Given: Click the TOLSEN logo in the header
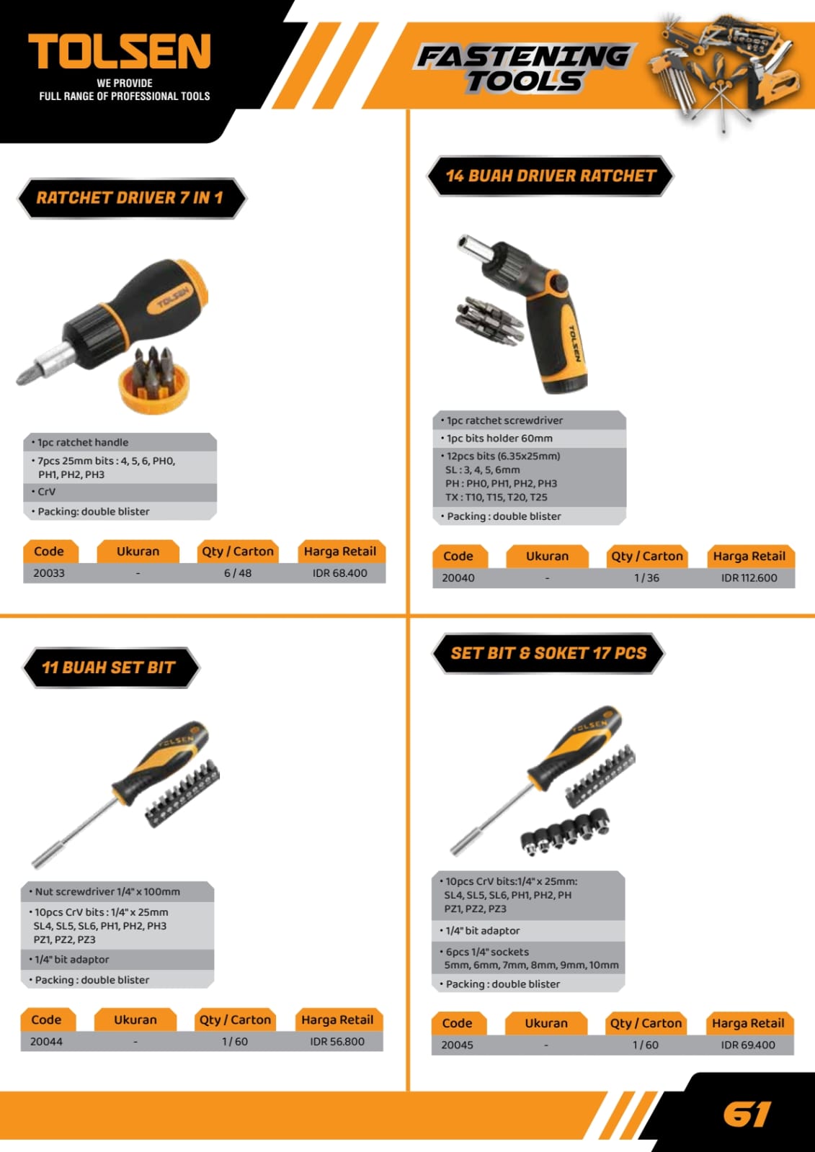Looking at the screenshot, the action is click(120, 51).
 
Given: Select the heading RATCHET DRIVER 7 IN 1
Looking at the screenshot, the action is click(130, 197).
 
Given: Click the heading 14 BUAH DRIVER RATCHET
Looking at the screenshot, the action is click(551, 176).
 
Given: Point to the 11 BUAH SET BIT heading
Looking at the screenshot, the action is click(109, 667).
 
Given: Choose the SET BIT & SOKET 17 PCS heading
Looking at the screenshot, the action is click(548, 653).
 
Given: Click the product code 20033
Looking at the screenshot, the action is click(49, 573).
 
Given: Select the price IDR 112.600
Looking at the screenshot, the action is click(749, 577).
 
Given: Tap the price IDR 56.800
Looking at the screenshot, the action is click(337, 1041).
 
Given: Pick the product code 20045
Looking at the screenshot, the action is click(457, 1045).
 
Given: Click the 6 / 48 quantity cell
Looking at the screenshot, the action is click(238, 573).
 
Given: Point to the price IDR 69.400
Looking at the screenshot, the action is click(748, 1045).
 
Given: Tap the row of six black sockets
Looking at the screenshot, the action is click(565, 829).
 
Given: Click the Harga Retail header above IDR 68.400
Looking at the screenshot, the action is click(340, 552).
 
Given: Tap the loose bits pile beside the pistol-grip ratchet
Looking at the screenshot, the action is click(489, 321).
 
